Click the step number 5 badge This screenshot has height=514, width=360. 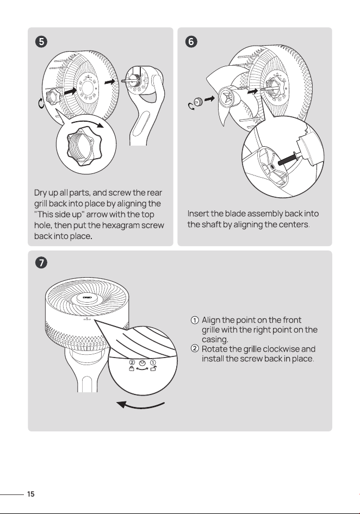[x=41, y=42]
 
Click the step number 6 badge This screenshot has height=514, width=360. [x=191, y=42]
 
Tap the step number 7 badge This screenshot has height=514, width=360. [x=41, y=262]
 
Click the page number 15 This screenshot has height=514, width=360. [x=31, y=494]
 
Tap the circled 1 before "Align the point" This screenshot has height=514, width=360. [x=195, y=320]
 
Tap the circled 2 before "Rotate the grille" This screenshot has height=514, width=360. [x=195, y=348]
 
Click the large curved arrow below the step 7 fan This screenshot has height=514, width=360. [x=140, y=406]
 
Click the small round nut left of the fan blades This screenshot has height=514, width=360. [x=197, y=102]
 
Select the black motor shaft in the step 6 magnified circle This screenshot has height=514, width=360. [x=288, y=159]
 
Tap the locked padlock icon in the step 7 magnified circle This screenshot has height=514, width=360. [x=132, y=369]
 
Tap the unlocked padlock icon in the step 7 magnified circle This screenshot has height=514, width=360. [x=153, y=368]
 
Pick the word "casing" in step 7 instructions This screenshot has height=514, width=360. [x=215, y=339]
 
